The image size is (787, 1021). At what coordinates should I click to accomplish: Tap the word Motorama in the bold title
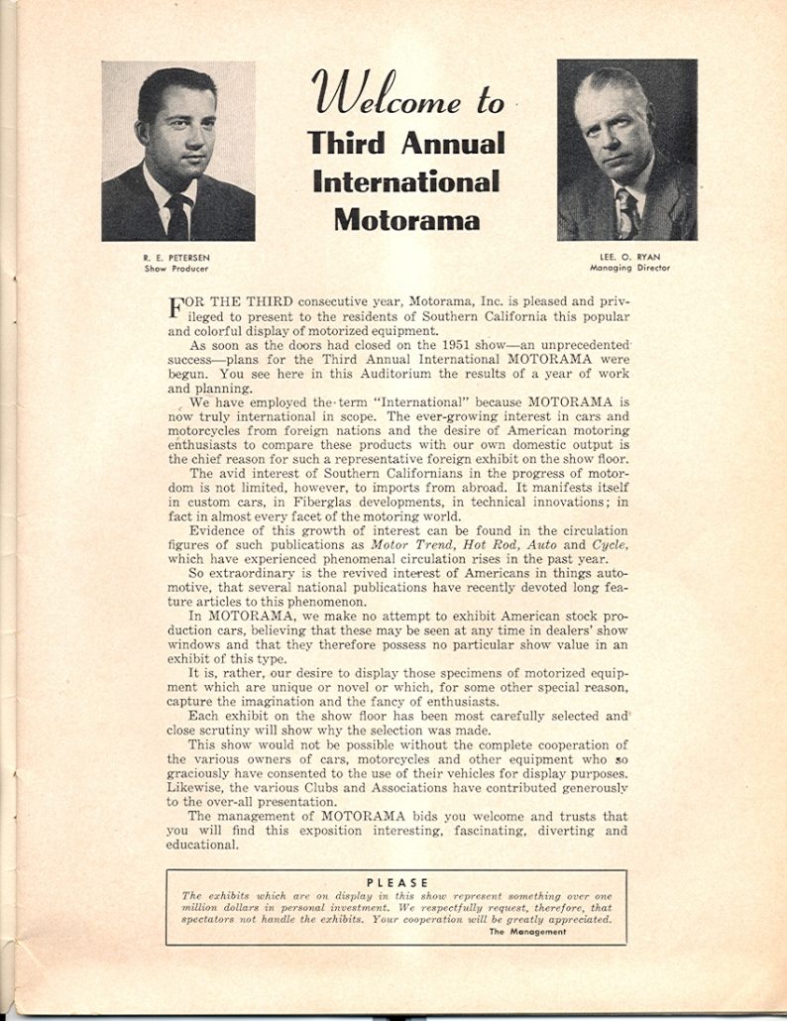click(x=405, y=218)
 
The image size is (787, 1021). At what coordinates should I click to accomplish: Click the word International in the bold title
click(x=405, y=180)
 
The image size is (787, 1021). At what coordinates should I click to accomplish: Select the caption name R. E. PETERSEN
click(x=176, y=257)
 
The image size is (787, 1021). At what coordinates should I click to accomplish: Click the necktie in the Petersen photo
click(x=178, y=214)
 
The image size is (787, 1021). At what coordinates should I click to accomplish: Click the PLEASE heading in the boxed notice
click(x=396, y=882)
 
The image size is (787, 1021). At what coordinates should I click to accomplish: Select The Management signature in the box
click(x=526, y=931)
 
